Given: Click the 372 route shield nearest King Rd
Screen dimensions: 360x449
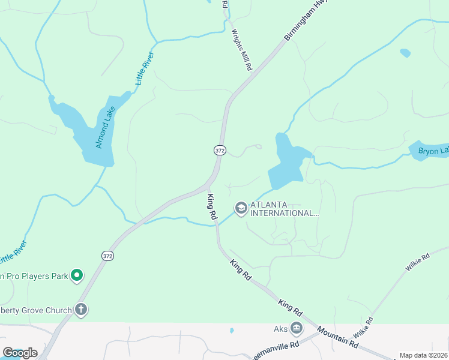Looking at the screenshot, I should coord(220,151).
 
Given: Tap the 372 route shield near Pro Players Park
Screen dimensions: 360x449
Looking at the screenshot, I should coord(107,256).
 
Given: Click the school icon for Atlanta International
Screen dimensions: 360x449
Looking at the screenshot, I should coord(241,208).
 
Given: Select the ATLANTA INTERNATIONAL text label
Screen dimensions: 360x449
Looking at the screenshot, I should coord(285,209).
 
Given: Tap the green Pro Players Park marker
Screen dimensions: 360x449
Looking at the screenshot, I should coord(77,275).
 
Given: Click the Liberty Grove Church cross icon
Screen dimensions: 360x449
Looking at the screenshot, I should coord(81,310).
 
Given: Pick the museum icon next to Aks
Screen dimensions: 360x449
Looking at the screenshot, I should coord(296,328).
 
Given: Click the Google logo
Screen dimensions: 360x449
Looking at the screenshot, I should coord(20,353).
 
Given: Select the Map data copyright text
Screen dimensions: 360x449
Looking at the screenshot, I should coord(423,355).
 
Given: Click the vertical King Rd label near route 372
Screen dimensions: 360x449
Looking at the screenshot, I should coord(211,205).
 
